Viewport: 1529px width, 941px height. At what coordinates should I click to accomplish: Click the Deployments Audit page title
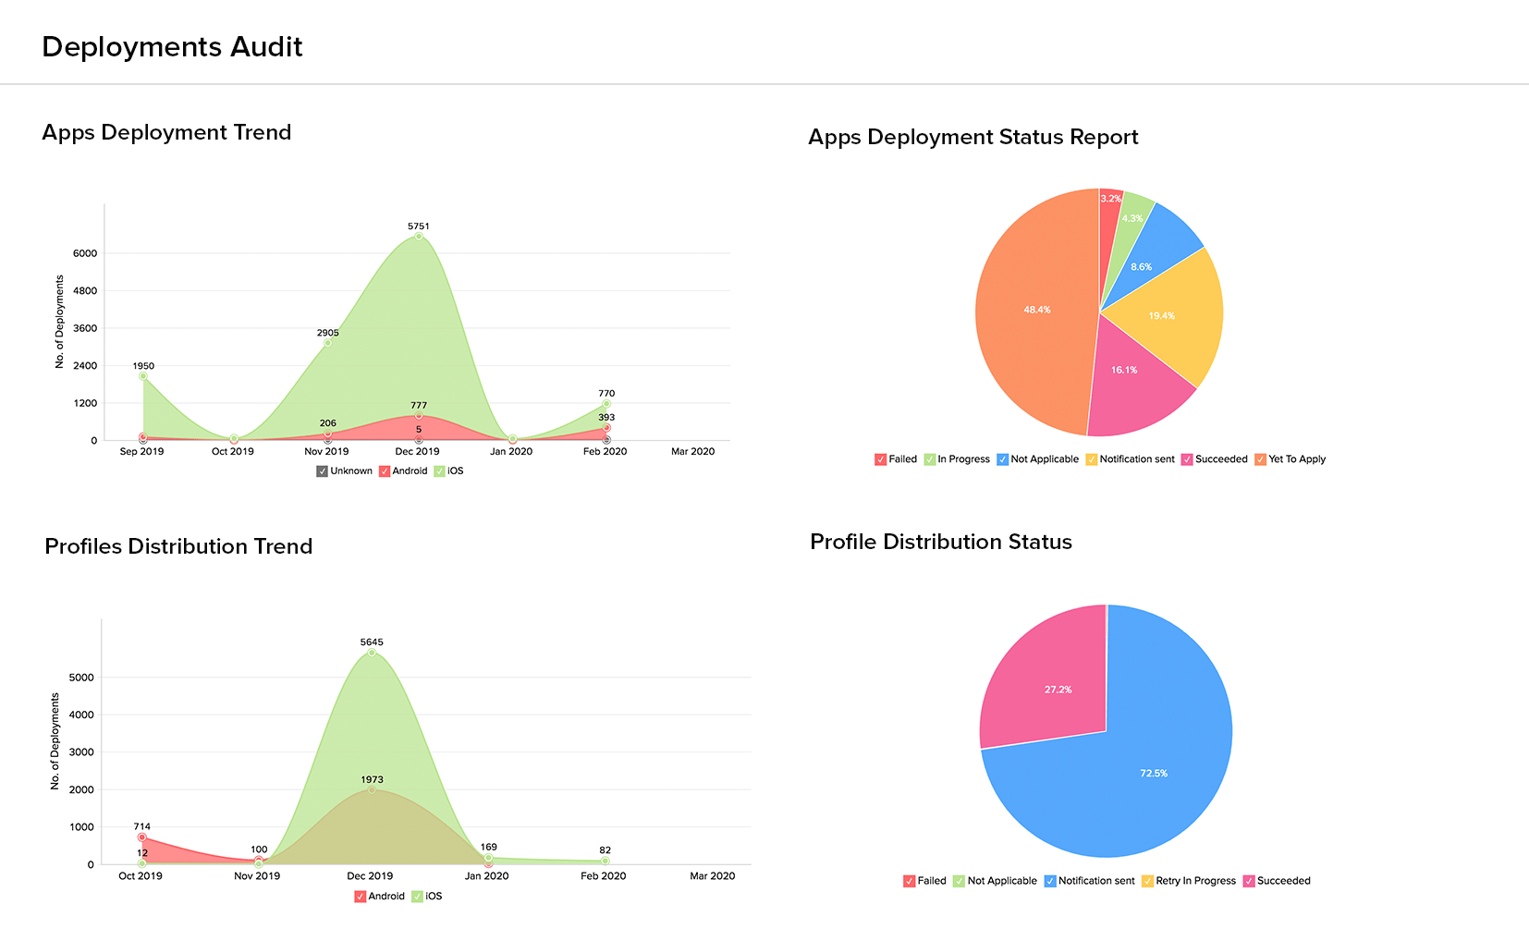point(172,47)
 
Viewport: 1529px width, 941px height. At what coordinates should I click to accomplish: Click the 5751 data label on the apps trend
point(419,226)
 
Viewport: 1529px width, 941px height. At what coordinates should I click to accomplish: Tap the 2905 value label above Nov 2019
point(328,333)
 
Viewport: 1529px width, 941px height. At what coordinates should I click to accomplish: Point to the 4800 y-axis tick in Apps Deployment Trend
point(85,291)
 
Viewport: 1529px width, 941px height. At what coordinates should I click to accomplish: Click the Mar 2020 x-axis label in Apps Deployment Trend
point(692,452)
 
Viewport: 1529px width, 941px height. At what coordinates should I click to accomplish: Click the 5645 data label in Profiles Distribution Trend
point(372,642)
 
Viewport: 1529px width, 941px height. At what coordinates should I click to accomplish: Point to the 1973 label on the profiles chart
point(372,780)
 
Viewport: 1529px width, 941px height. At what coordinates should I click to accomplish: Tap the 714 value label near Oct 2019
point(141,827)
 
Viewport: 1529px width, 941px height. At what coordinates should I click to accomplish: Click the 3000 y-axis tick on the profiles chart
point(81,752)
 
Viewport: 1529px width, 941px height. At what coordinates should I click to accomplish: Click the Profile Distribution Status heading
point(941,542)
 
